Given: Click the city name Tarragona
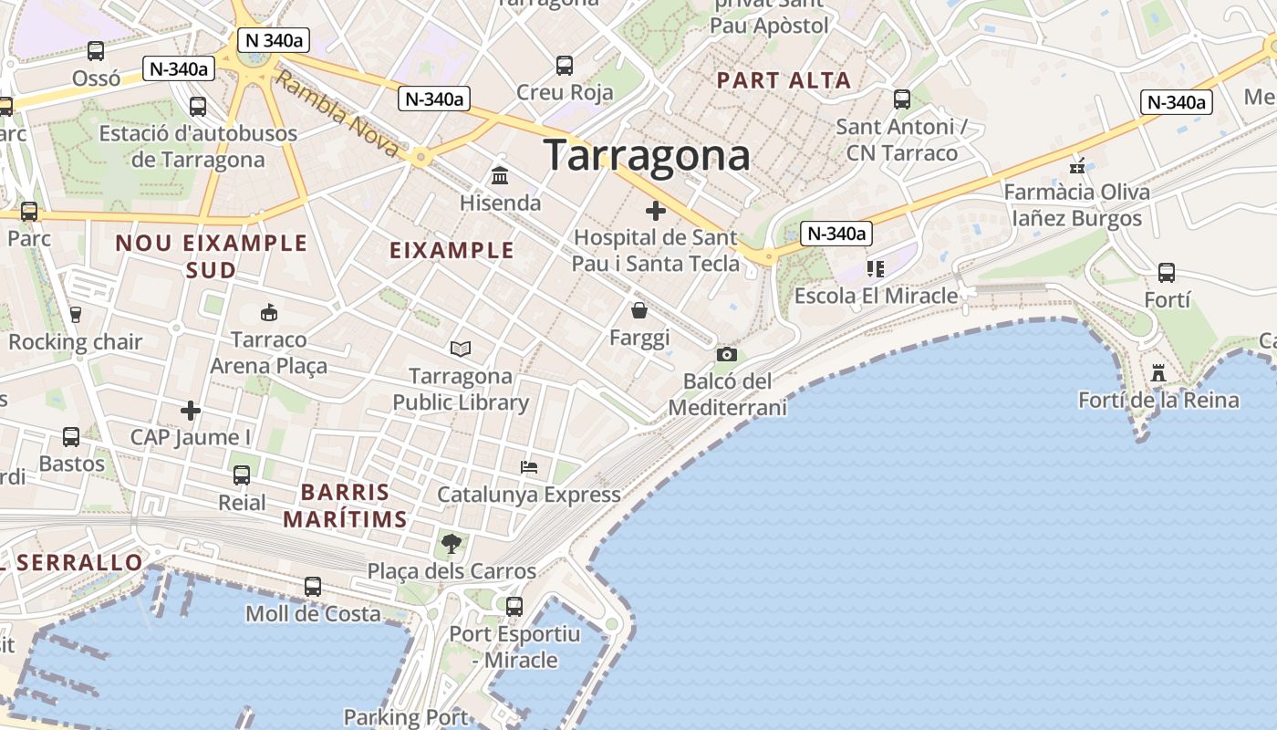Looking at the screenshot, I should coord(647,155).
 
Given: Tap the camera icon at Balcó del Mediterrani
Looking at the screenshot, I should coord(726,354).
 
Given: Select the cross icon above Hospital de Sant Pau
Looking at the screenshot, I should coord(655,212).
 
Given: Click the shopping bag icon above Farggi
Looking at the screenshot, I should coord(638,311).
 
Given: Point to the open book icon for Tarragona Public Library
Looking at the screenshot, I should coord(461,349).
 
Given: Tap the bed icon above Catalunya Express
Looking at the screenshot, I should coord(528,467).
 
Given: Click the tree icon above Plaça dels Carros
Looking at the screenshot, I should coord(451,545).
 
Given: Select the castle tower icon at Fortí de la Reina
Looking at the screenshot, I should coord(1158,372).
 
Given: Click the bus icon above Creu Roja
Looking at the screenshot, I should coord(564,66).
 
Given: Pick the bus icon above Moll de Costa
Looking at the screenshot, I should coord(313,587).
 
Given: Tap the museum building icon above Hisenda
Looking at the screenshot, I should coord(500,175).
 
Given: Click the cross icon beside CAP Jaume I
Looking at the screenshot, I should coord(190,411).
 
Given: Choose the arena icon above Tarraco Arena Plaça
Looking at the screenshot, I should coord(268,313).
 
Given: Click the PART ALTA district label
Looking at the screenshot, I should coord(784,80).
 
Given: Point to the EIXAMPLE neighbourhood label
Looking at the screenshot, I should coord(452,250).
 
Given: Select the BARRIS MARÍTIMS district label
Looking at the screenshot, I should coord(345,506).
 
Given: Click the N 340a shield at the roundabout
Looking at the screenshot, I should coord(273,39).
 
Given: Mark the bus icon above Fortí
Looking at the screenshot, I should coord(1166,272).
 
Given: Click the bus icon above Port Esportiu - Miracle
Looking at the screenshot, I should coord(514,606).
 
